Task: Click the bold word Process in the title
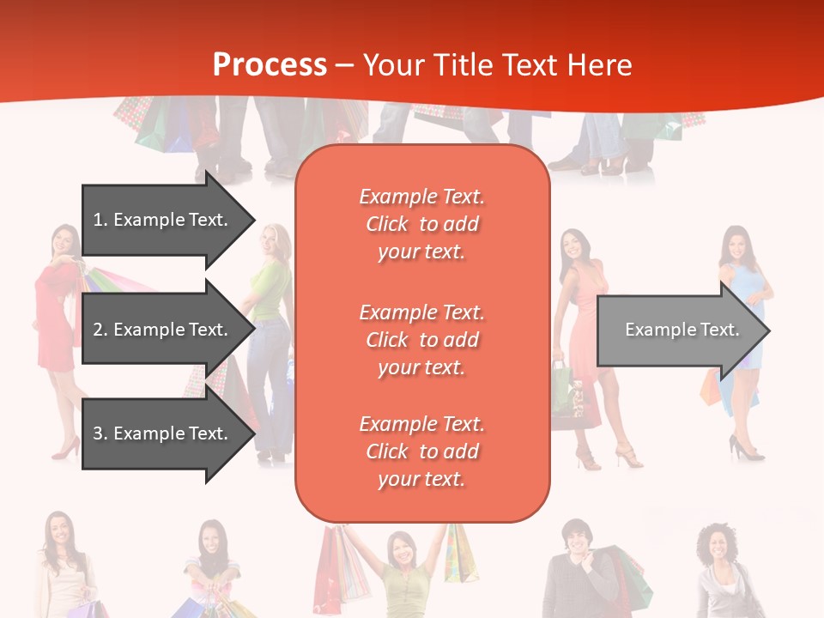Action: tap(270, 65)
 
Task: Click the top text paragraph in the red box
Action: tap(421, 224)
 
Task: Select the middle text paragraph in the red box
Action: tap(421, 340)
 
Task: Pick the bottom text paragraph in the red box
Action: tap(421, 451)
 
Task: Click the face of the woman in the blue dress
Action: tap(736, 245)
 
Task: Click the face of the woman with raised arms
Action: tap(401, 550)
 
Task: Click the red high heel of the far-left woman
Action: tap(65, 449)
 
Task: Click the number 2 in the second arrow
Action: tap(98, 330)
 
